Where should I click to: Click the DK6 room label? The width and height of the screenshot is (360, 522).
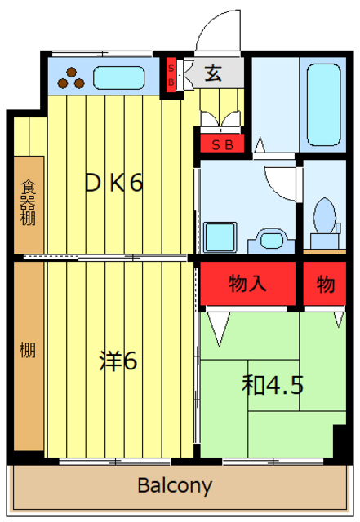click(115, 184)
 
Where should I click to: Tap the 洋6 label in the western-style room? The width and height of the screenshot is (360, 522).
click(118, 360)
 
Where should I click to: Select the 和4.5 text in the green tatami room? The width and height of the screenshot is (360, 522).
click(272, 384)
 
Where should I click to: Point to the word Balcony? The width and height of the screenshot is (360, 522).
click(175, 487)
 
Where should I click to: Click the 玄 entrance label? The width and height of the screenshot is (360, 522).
click(212, 73)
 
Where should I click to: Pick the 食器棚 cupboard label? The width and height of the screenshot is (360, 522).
click(28, 204)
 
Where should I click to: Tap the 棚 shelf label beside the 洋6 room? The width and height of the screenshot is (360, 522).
click(27, 352)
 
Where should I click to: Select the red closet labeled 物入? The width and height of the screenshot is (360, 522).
click(248, 285)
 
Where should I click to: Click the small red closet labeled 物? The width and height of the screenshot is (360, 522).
click(325, 285)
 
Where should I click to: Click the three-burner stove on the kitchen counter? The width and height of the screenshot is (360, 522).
click(72, 77)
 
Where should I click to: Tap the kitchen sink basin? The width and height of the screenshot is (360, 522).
click(119, 78)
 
